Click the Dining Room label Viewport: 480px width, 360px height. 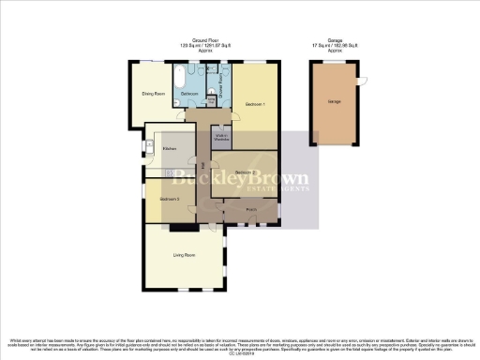154,95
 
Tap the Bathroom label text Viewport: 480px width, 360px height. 188,95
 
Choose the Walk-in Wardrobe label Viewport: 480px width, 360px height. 222,139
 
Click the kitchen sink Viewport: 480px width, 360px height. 150,145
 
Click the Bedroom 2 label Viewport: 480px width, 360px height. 246,173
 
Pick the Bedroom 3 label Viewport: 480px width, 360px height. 169,200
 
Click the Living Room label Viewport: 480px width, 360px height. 184,255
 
